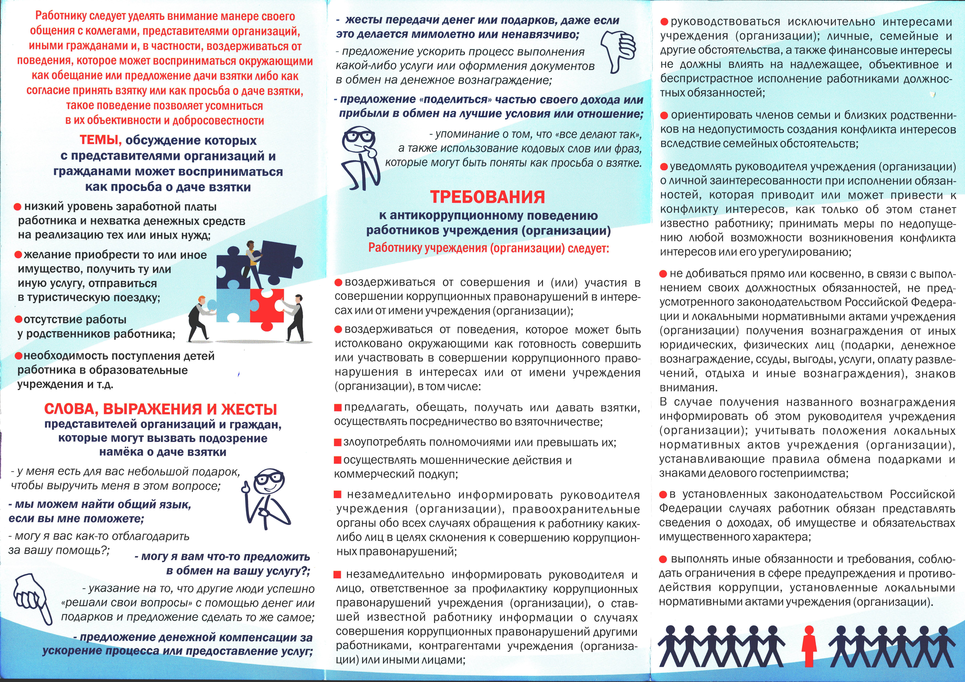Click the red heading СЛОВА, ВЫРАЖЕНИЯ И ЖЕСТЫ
click(161, 409)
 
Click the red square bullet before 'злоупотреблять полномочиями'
click(337, 443)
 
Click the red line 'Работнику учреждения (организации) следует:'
click(488, 248)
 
